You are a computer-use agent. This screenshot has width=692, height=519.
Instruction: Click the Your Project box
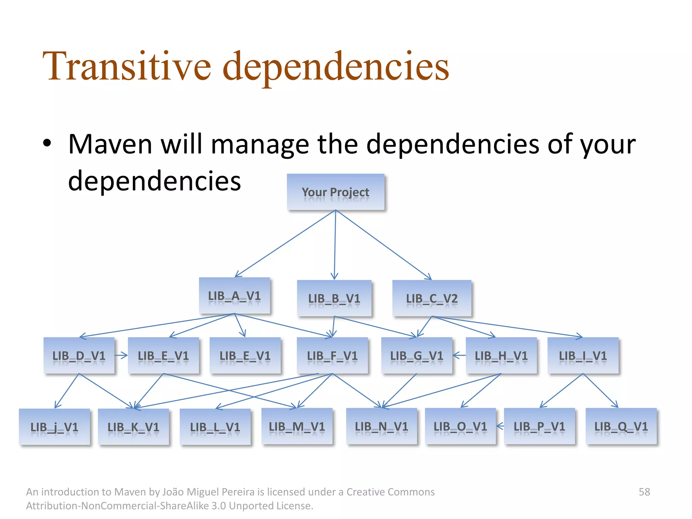336,192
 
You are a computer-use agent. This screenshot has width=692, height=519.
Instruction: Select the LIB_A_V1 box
234,296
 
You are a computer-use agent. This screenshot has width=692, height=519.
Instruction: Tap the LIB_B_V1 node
334,298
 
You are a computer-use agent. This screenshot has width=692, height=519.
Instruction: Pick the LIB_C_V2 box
432,298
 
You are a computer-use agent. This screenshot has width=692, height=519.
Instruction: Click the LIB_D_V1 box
79,355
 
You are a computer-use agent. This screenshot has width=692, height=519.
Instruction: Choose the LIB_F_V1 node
332,355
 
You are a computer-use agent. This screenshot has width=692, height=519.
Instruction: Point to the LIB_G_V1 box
417,355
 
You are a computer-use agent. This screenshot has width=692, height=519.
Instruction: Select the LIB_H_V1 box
501,355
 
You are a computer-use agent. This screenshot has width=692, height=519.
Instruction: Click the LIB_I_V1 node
583,355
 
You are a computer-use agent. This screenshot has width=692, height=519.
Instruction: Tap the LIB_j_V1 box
54,427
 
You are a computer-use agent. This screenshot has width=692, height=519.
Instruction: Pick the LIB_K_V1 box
133,427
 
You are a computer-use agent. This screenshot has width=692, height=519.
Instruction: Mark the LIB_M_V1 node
297,426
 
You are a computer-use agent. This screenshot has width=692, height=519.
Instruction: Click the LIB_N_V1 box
381,426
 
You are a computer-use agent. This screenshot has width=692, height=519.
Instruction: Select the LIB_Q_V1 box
621,426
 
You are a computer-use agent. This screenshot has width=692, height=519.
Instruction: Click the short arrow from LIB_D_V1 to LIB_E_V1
121,355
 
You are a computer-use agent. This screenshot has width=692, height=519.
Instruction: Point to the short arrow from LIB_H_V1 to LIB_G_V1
459,355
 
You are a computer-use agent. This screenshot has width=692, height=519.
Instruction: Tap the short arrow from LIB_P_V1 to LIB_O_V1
500,426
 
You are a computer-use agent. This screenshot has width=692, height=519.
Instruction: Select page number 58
644,492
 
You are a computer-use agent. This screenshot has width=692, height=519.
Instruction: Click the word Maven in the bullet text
110,145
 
